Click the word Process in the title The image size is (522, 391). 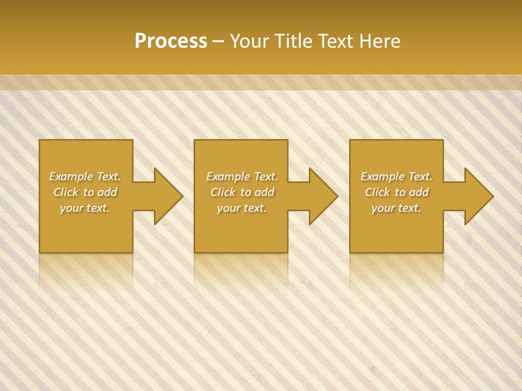pyautogui.click(x=171, y=41)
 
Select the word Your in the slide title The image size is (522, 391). pyautogui.click(x=250, y=41)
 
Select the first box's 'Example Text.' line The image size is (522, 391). pyautogui.click(x=85, y=176)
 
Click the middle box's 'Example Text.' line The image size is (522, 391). pyautogui.click(x=242, y=176)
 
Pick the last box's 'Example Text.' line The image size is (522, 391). pyautogui.click(x=396, y=176)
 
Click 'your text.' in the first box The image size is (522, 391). pyautogui.click(x=85, y=208)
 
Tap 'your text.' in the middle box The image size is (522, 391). pyautogui.click(x=242, y=208)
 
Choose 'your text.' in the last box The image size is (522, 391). pyautogui.click(x=396, y=208)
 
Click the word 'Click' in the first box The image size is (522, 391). pyautogui.click(x=66, y=192)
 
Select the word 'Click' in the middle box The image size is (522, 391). pyautogui.click(x=223, y=192)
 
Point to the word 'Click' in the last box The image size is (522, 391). pyautogui.click(x=377, y=192)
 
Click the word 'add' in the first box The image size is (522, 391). pyautogui.click(x=107, y=192)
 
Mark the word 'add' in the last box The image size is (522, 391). pyautogui.click(x=419, y=192)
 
